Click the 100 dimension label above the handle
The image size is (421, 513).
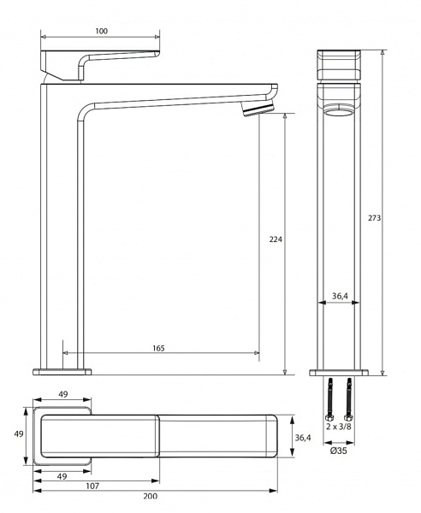point(101,31)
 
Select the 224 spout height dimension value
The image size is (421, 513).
point(276,239)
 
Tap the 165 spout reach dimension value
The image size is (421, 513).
point(159,348)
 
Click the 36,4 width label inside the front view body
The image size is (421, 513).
point(339,296)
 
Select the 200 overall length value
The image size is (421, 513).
point(151,497)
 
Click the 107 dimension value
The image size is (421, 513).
point(93,486)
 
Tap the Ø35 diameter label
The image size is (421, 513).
point(338,451)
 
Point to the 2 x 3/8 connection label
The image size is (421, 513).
point(338,425)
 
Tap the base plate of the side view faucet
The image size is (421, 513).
point(62,372)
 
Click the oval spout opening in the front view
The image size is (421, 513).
point(339,109)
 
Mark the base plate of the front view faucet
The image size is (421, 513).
point(339,373)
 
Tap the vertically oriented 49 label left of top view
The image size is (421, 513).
point(18,434)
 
